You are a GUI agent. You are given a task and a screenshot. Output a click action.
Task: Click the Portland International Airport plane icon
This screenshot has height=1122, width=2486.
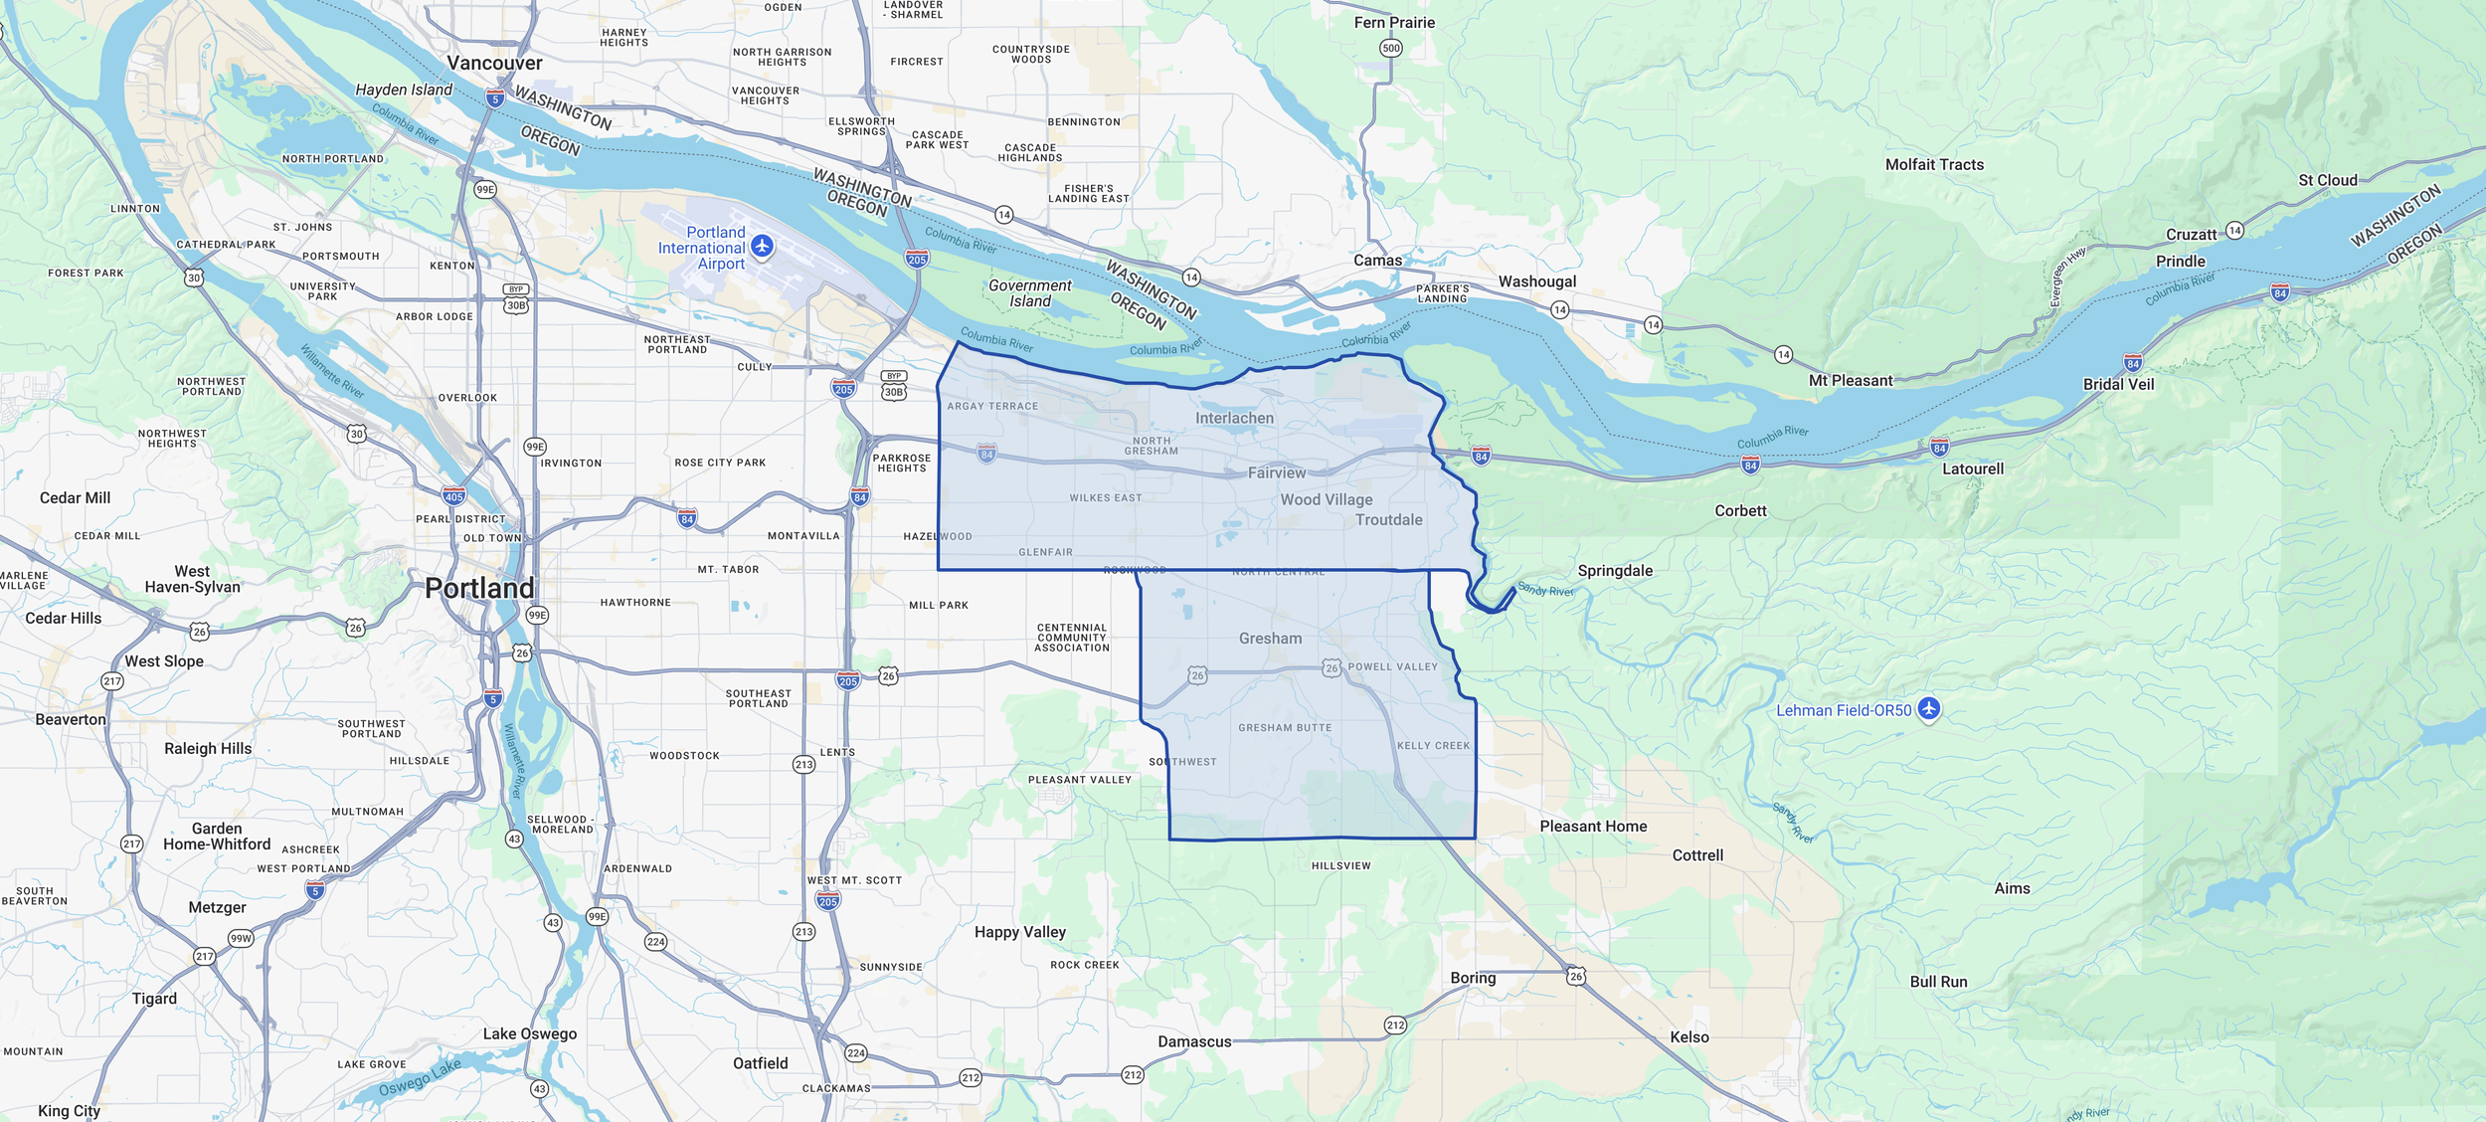point(762,246)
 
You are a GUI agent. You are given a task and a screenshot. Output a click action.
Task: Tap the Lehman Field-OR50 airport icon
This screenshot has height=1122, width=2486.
point(1928,709)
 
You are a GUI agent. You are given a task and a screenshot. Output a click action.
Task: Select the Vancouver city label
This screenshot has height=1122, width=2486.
point(494,63)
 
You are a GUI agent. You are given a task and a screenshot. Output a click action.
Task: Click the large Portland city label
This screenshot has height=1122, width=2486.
point(479,588)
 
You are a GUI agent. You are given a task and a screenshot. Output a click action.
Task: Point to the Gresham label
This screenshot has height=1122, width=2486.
point(1270,639)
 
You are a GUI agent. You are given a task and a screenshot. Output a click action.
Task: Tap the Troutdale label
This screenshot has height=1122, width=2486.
point(1388,520)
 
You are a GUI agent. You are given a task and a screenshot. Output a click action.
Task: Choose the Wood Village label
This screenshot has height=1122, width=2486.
point(1326,499)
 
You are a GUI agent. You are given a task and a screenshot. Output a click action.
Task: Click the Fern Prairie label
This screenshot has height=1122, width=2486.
point(1394,23)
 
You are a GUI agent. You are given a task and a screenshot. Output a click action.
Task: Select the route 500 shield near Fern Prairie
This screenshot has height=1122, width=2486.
point(1391,48)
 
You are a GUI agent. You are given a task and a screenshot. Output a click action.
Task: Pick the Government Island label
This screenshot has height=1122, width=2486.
point(1030,293)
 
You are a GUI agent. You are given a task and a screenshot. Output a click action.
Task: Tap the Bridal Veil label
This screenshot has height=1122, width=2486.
point(2118,384)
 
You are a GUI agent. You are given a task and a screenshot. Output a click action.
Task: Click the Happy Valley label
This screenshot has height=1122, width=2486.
point(1019,932)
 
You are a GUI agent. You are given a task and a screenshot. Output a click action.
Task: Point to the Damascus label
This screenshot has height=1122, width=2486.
point(1194,1041)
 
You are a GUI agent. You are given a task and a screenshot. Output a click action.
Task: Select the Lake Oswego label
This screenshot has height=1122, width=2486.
point(529,1033)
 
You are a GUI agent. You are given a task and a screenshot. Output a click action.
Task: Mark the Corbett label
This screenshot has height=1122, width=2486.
point(1740,510)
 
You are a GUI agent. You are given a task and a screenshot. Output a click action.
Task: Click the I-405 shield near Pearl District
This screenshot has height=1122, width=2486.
point(453,495)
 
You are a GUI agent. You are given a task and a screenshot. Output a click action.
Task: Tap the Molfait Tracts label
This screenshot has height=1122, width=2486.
point(1934,165)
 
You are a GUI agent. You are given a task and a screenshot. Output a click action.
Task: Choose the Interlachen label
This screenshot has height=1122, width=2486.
point(1234,419)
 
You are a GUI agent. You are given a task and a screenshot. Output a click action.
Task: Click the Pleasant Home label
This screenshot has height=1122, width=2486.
point(1593,826)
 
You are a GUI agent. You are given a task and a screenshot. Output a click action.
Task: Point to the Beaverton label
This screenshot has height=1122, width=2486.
point(71,719)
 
